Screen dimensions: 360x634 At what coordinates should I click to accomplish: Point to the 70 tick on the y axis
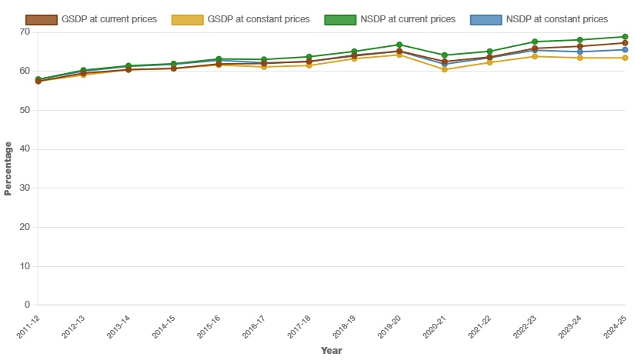click(x=25, y=32)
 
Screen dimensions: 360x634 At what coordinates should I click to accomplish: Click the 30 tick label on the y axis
click(x=25, y=188)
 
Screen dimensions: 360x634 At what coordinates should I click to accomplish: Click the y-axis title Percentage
click(x=8, y=168)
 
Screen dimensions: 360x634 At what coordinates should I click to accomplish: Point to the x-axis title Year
click(x=332, y=351)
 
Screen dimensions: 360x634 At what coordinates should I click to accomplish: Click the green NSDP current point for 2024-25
click(x=625, y=37)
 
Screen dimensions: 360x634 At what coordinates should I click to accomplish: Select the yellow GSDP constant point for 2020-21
click(x=445, y=69)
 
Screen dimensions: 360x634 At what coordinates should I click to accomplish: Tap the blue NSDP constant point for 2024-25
click(x=625, y=50)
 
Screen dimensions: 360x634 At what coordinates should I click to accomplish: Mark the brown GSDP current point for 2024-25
click(x=625, y=43)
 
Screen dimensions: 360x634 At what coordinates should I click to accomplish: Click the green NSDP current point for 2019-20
click(x=399, y=45)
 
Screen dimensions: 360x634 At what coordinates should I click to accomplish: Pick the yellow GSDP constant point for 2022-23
click(x=535, y=56)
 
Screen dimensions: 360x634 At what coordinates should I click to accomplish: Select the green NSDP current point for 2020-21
click(x=445, y=55)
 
